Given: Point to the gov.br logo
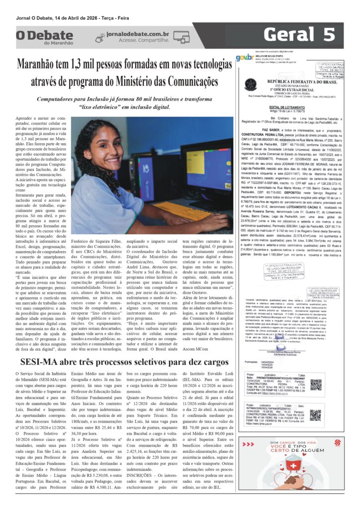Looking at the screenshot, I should tap(244, 58).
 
